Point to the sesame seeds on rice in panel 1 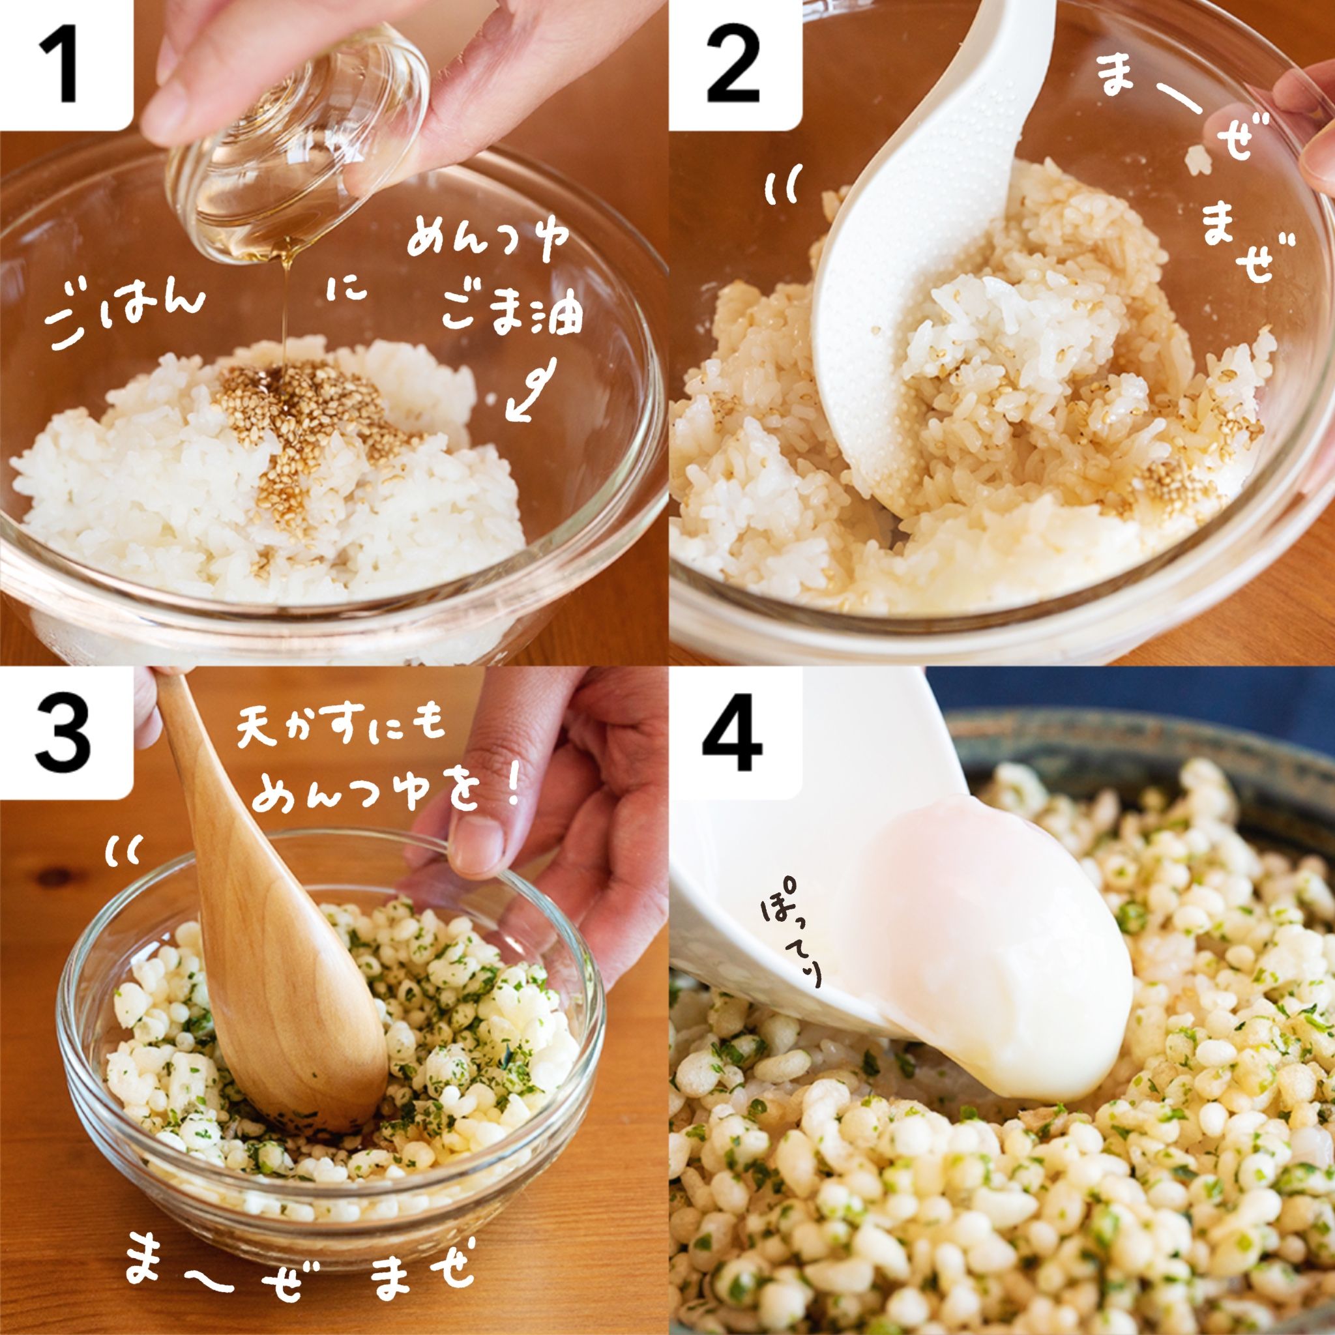pos(304,428)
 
